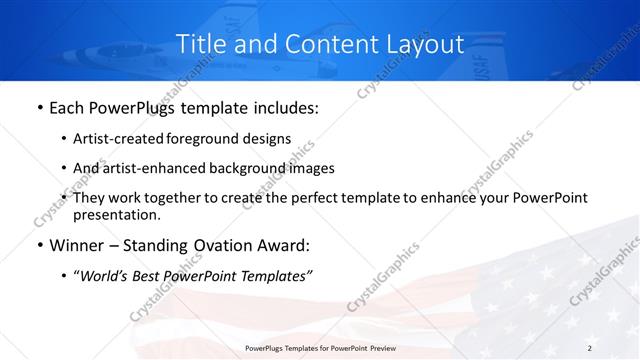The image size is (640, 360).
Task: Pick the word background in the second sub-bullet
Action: tap(251, 168)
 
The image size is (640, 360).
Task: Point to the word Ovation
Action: tap(220, 244)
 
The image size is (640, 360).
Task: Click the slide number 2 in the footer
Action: tap(590, 347)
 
